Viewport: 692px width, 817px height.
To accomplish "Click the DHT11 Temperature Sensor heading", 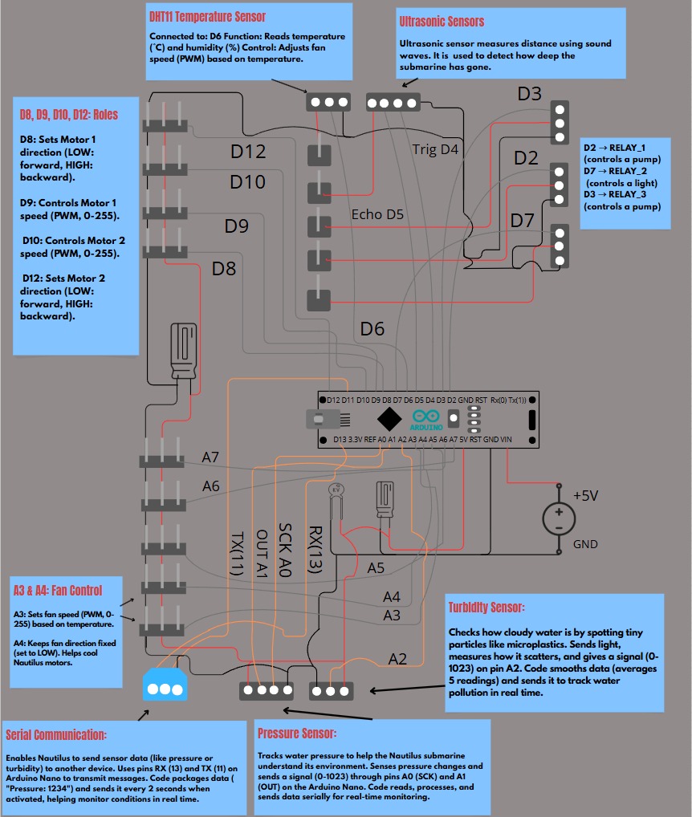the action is tap(207, 17).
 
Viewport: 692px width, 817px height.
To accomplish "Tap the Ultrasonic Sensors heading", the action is tap(442, 22).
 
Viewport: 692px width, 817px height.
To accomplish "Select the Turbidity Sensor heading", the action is tap(486, 607).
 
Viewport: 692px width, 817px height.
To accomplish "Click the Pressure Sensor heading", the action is tap(296, 733).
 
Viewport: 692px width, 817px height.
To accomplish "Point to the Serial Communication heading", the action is tap(56, 734).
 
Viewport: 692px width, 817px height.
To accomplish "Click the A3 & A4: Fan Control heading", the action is tap(58, 591).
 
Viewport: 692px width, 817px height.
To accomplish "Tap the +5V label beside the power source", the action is tap(586, 495).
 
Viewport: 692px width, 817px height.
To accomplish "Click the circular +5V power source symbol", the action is tap(559, 519).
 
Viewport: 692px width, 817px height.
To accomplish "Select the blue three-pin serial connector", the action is tap(165, 684).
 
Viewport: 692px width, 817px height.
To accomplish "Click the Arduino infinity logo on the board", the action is tap(426, 417).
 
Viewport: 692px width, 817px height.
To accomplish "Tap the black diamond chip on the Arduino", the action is tap(389, 418).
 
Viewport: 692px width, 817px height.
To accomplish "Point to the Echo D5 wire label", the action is tap(377, 214).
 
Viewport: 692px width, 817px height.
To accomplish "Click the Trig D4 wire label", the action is tap(435, 149).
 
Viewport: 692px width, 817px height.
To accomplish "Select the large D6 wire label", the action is tap(372, 329).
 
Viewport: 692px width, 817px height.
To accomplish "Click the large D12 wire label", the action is tap(248, 152).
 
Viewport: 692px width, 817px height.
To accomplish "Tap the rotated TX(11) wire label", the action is tap(237, 553).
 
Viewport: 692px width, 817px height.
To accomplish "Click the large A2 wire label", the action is tap(397, 659).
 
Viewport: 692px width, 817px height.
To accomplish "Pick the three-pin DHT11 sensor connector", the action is tap(328, 102).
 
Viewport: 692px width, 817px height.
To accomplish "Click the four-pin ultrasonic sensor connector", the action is tap(393, 103).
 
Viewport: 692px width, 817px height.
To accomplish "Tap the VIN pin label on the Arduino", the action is tap(506, 440).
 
